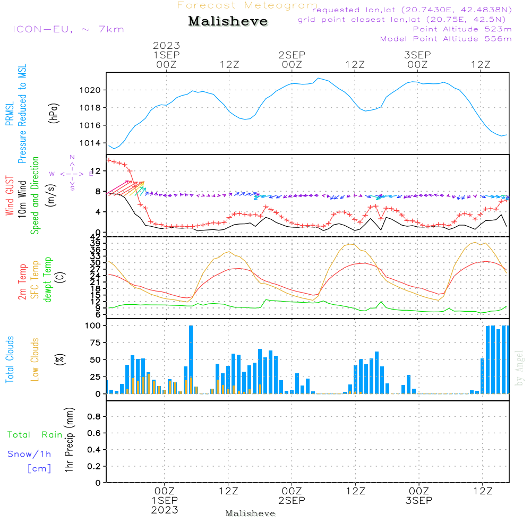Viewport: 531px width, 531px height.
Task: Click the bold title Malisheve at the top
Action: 228,21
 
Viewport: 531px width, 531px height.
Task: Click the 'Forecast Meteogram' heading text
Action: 247,5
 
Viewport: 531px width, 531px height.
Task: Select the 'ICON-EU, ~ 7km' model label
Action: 68,29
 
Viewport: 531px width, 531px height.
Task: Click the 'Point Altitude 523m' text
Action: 462,29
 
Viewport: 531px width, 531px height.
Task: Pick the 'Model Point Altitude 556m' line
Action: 446,39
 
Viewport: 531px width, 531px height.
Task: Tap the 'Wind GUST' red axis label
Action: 10,196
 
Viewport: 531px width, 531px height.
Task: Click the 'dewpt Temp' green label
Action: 48,280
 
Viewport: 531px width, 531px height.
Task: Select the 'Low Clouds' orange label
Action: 35,359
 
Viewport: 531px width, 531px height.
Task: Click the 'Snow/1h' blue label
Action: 29,454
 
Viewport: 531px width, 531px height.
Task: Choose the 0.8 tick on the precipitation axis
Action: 93,417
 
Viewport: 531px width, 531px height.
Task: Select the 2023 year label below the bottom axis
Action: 165,510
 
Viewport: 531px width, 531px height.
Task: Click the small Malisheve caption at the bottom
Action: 250,513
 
